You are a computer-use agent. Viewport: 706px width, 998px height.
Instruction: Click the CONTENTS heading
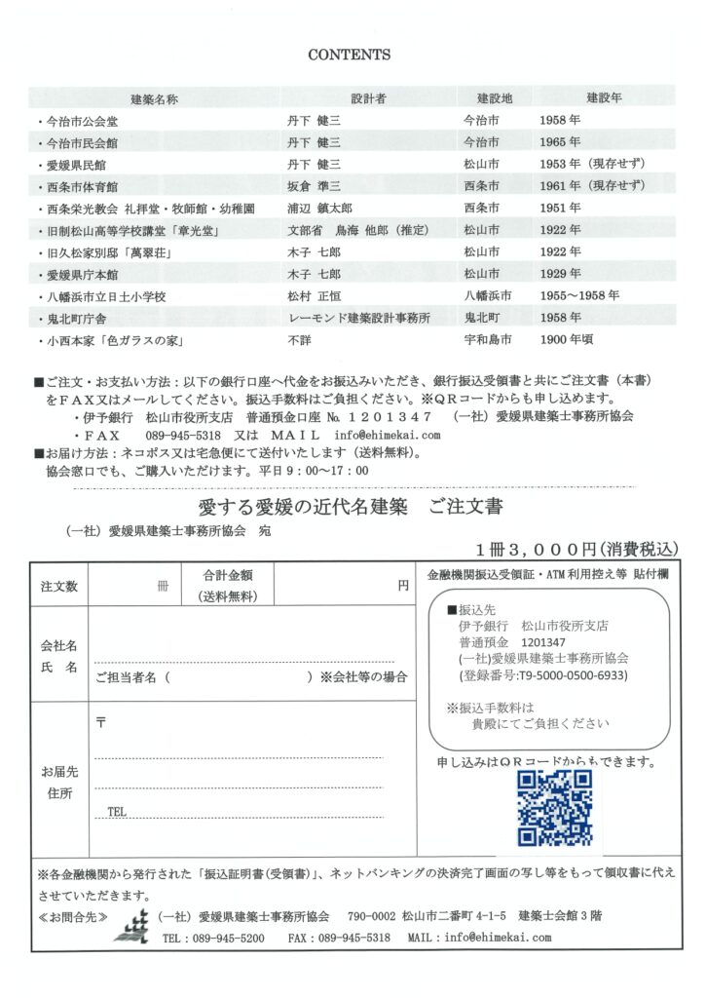tap(349, 56)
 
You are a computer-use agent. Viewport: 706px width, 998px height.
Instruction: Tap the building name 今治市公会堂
tap(78, 122)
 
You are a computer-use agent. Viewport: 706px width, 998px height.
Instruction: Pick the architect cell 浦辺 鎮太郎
tap(321, 209)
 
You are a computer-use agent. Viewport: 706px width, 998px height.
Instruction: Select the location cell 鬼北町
tap(482, 318)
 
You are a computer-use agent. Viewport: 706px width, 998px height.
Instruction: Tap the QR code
tap(554, 808)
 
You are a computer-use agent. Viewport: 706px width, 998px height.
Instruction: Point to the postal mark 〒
tap(101, 722)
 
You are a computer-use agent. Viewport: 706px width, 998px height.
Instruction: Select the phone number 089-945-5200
tap(228, 938)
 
